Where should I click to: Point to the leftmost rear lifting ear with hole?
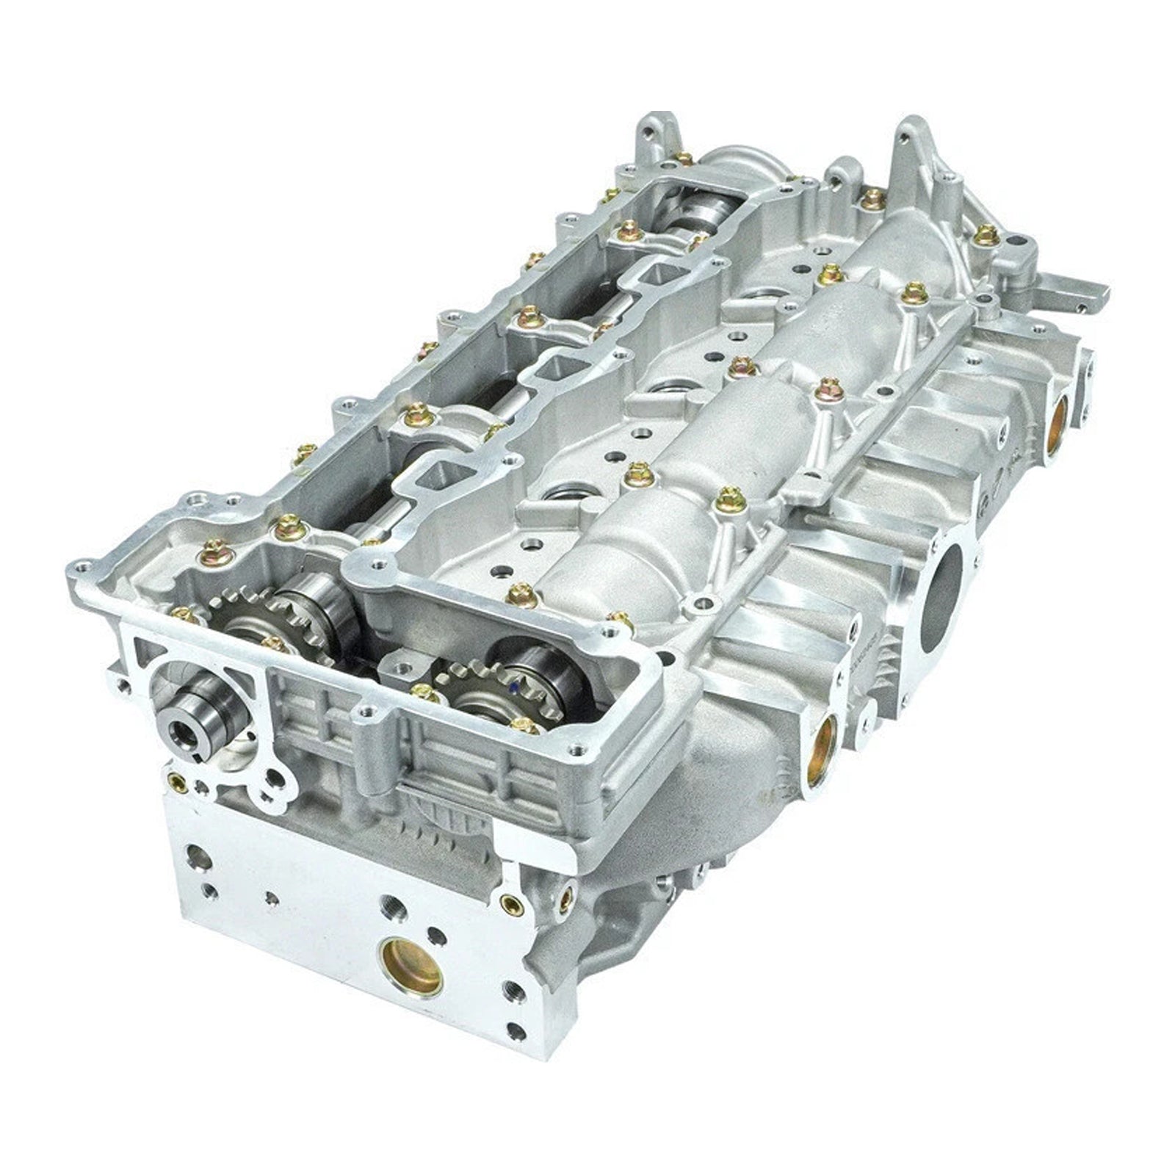(x=654, y=132)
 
